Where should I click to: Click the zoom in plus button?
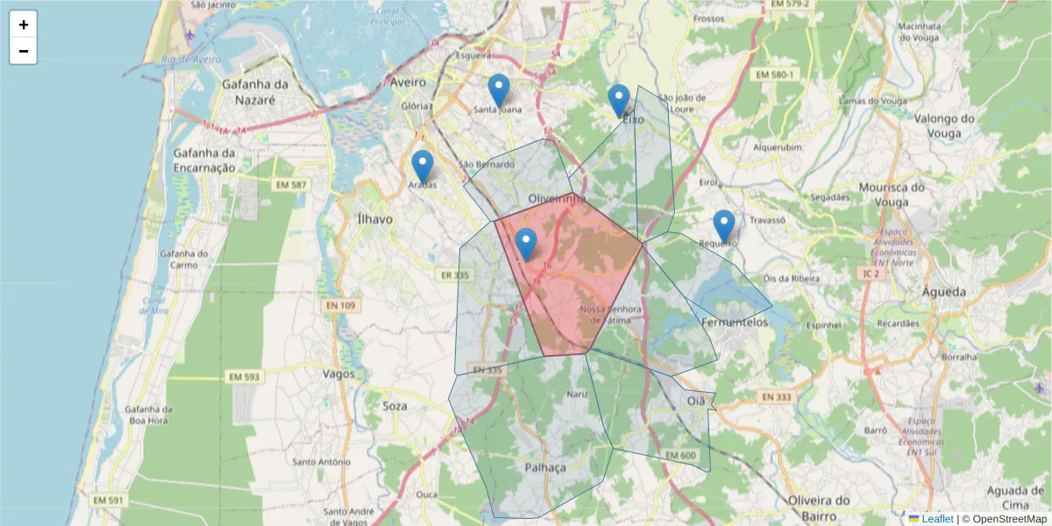point(23,25)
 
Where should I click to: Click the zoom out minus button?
point(23,51)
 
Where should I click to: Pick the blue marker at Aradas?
point(423,167)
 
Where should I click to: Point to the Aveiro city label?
point(408,82)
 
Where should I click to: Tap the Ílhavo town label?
point(376,218)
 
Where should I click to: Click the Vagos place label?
point(338,373)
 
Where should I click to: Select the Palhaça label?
point(545,467)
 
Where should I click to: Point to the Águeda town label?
point(944,292)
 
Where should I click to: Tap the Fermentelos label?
point(735,323)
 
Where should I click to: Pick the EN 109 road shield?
point(340,305)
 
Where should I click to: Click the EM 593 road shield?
point(245,377)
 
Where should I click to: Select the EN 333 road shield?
point(777,397)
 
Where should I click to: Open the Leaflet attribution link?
point(936,519)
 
